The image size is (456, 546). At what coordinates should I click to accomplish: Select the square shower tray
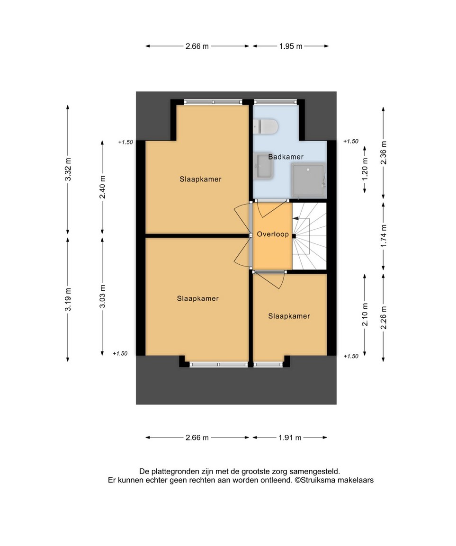point(308,180)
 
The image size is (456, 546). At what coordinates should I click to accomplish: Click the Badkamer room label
point(286,157)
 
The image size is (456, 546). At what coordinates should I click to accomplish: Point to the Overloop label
point(273,234)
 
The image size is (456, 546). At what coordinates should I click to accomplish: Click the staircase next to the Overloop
point(309,236)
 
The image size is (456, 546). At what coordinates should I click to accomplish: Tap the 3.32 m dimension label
point(68,169)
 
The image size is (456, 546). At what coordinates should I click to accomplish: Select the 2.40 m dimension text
point(102,187)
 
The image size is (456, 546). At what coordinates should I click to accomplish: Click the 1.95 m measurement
point(291,46)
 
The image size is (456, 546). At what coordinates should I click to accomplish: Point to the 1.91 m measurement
point(290,438)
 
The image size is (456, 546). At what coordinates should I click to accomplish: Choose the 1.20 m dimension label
point(365,169)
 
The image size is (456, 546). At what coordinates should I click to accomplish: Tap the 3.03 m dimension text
point(102,296)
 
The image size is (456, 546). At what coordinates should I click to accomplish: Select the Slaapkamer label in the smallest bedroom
point(289,316)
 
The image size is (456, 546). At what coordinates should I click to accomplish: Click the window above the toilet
point(275,102)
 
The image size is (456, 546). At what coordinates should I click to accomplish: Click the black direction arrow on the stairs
point(296,219)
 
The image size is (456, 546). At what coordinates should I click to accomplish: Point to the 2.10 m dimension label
point(365,315)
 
